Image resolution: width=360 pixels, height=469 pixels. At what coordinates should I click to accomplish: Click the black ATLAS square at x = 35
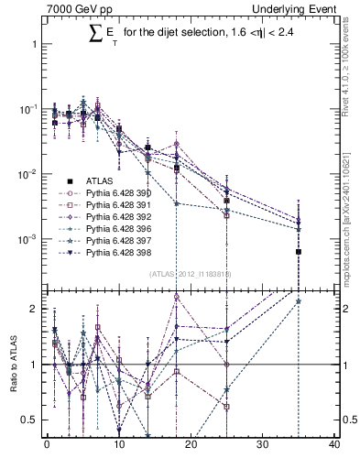pyautogui.click(x=298, y=251)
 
